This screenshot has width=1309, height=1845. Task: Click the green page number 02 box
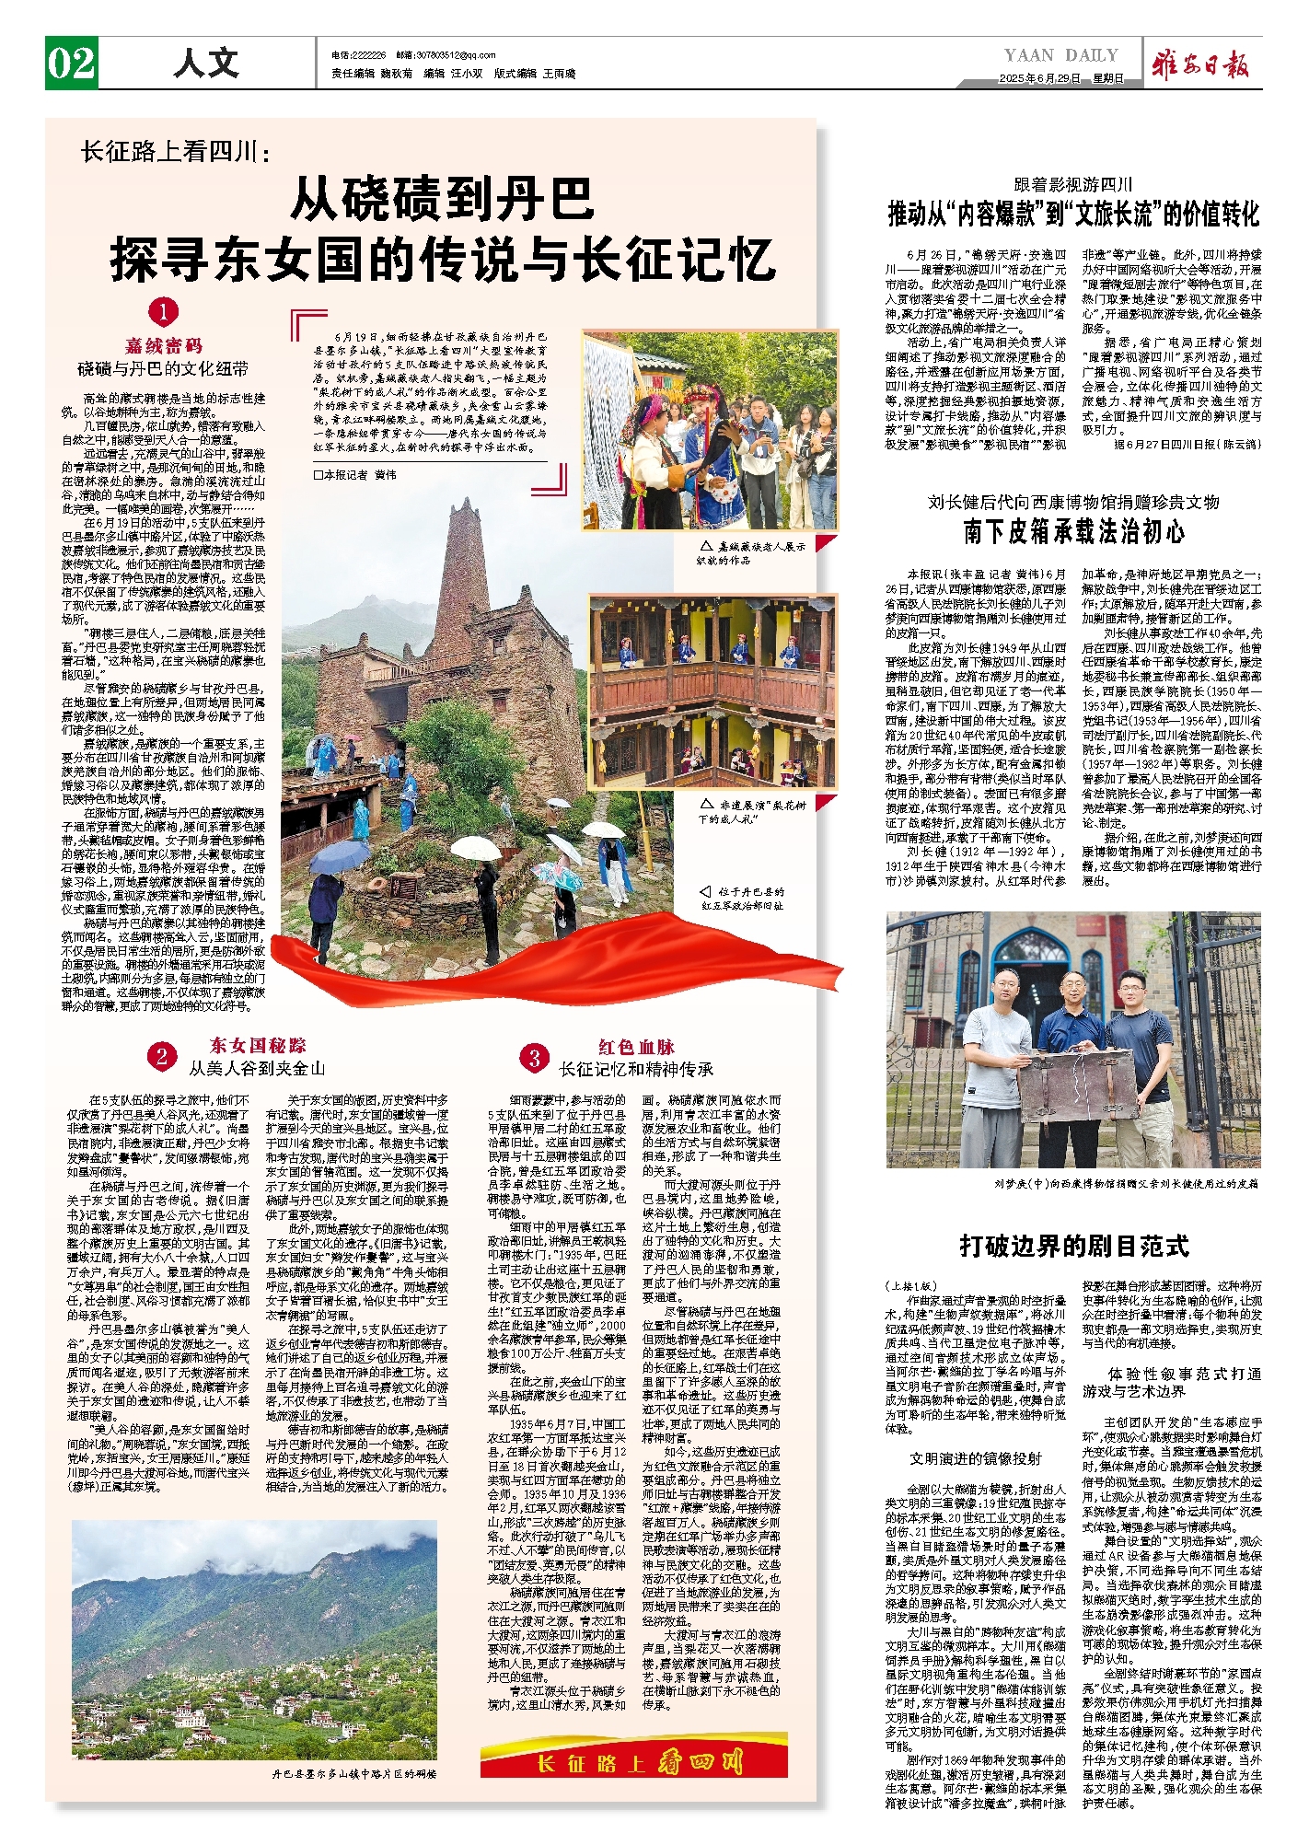click(x=71, y=64)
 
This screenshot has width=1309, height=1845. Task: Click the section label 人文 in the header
click(x=206, y=64)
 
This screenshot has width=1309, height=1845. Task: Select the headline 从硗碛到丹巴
click(x=443, y=200)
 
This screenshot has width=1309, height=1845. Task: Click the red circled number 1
click(x=163, y=313)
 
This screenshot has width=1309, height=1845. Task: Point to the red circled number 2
click(x=162, y=1056)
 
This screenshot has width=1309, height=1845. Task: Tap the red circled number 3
click(x=534, y=1058)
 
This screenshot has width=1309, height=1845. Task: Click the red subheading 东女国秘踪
click(x=258, y=1045)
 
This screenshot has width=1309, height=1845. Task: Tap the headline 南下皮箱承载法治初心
click(x=1073, y=531)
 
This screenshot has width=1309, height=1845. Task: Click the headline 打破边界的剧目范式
click(x=1074, y=1247)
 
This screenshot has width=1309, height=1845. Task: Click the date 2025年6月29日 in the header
click(x=1039, y=79)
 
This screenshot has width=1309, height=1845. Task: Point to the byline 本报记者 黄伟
click(x=355, y=475)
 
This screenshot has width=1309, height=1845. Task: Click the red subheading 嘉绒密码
click(x=163, y=346)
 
